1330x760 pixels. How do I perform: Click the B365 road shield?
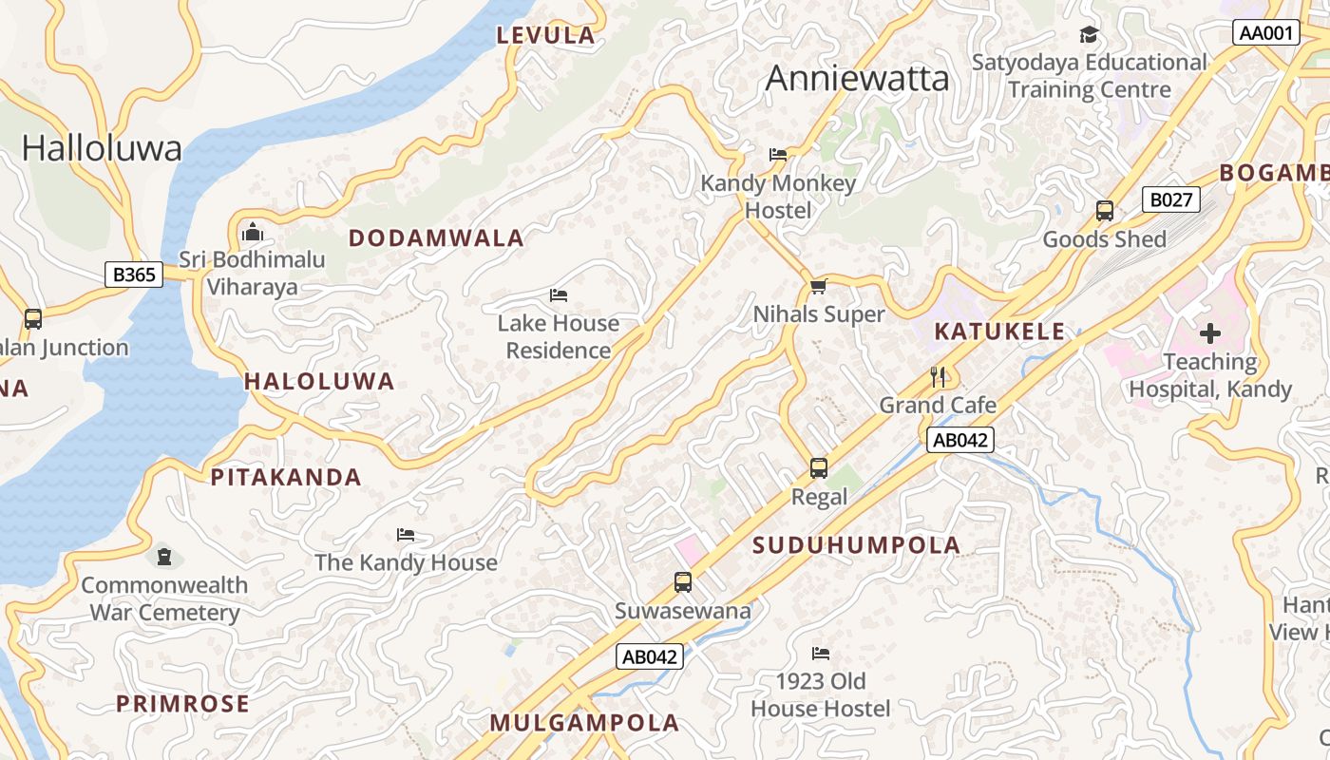point(134,275)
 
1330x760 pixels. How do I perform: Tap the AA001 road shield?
point(1267,32)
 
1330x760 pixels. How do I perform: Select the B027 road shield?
point(1171,199)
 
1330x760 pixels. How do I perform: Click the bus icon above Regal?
point(819,468)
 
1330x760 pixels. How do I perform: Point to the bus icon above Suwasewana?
point(682,582)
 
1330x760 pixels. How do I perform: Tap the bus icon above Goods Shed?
point(1104,211)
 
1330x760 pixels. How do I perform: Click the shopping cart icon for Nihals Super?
point(818,286)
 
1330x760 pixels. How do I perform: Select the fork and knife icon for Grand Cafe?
point(939,376)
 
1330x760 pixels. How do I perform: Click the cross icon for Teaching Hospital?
point(1210,333)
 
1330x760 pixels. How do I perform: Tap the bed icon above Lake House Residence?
point(559,295)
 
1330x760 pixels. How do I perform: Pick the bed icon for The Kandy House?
point(406,535)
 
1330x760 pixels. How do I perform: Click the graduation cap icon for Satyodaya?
point(1089,35)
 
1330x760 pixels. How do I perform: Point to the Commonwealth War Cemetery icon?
point(164,556)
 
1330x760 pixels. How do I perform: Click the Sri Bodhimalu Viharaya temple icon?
point(253,232)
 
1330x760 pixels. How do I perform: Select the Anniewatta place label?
point(857,78)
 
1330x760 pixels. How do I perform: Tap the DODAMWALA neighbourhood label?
point(436,238)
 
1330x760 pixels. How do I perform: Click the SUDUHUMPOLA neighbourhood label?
point(856,545)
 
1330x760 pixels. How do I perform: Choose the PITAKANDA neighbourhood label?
point(286,478)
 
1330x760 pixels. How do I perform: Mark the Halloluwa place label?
point(102,148)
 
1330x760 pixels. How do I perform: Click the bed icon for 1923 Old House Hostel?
point(821,654)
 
